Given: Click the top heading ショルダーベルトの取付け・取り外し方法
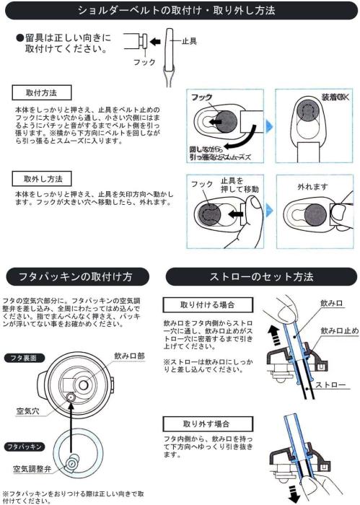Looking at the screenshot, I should [x=180, y=11].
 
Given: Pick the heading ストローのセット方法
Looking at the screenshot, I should [x=261, y=276].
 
